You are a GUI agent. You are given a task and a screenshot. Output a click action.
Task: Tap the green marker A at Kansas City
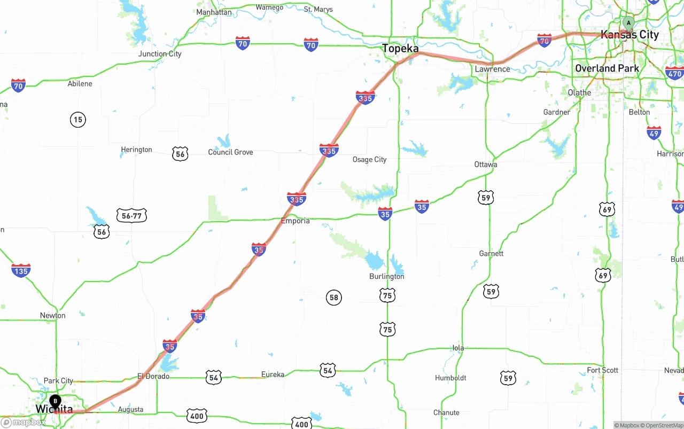[629, 23]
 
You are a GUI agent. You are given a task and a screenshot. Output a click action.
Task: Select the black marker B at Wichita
[55, 401]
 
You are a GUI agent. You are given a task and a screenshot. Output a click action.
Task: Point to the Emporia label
[296, 221]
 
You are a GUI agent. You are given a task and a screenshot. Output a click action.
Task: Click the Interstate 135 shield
[21, 270]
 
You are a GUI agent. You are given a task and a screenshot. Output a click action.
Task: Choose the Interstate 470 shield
[674, 74]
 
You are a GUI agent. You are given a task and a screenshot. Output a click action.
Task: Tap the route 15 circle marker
[78, 120]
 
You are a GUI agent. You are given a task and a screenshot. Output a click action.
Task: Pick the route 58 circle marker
[334, 298]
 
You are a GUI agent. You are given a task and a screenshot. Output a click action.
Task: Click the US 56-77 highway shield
[131, 216]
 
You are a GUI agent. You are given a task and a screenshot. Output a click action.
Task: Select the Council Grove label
[230, 152]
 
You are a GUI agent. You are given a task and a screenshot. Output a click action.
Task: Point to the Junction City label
[160, 54]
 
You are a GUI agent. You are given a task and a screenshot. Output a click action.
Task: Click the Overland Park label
[607, 68]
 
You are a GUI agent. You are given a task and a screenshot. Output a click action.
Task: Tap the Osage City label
[369, 160]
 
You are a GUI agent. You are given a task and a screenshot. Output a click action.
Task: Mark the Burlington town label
[386, 277]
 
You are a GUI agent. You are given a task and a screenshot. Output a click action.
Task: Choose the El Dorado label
[153, 376]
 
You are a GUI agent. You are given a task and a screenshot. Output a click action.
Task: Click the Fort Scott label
[602, 370]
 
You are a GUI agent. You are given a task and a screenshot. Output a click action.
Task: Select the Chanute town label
[446, 412]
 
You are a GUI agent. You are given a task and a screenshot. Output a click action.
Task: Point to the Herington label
[136, 150]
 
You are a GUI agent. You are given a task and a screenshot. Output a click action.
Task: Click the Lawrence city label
[492, 69]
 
